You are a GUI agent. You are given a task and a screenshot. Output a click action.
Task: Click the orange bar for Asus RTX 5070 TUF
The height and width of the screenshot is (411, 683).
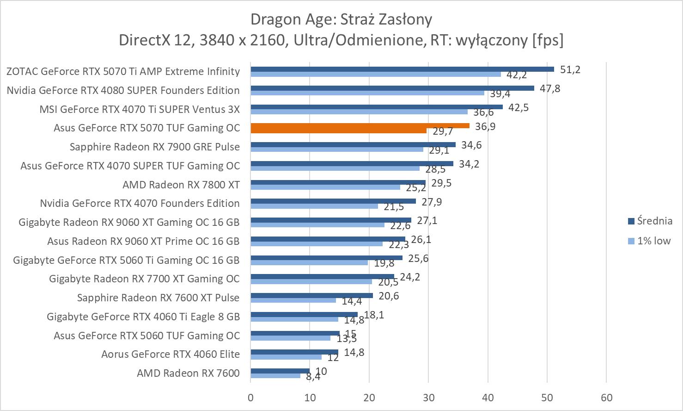click(x=360, y=126)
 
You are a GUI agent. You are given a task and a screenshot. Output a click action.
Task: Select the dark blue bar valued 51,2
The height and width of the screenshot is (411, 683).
click(x=402, y=69)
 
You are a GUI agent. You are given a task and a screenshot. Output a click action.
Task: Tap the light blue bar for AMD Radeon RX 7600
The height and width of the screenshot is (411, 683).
click(x=275, y=376)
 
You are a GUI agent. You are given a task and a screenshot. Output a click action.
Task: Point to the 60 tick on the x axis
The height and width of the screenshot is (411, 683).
click(x=606, y=398)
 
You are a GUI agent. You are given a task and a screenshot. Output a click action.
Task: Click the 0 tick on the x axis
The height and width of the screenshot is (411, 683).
click(x=250, y=398)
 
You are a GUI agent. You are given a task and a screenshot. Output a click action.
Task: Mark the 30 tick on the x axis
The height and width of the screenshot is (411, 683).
click(x=428, y=398)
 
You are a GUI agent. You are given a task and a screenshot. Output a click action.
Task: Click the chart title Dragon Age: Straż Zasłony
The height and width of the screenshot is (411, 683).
click(x=341, y=19)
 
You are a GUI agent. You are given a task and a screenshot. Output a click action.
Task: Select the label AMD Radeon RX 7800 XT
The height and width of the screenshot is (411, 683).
click(x=181, y=185)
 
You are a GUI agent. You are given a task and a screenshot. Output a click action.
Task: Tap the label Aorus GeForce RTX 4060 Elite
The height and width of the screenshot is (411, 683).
click(x=171, y=355)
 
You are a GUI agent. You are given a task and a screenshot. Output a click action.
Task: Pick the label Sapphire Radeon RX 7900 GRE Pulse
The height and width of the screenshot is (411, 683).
click(x=155, y=147)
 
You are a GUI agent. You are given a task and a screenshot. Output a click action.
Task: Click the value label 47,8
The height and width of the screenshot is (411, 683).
click(x=549, y=88)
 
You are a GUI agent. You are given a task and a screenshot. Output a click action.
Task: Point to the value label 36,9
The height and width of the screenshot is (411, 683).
click(x=485, y=126)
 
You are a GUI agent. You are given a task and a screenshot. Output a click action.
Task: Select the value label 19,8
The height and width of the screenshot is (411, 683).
click(x=384, y=263)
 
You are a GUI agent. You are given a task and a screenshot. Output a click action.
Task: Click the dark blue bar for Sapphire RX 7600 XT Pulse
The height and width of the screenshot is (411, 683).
click(x=311, y=295)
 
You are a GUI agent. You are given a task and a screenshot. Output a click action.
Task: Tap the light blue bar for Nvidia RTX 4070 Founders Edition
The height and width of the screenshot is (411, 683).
click(x=314, y=206)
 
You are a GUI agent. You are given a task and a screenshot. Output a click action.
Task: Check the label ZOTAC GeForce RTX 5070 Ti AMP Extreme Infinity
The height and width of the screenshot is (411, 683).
click(x=123, y=71)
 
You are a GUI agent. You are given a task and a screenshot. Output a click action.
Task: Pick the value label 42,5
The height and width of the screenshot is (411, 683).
click(x=518, y=107)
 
